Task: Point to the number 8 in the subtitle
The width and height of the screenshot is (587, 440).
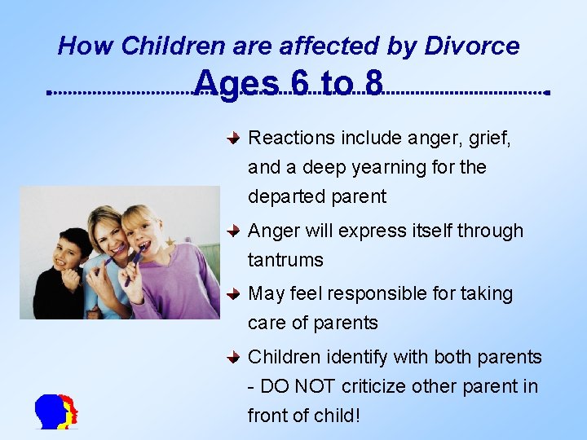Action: coord(373,84)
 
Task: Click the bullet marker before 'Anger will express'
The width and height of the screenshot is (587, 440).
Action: coord(233,231)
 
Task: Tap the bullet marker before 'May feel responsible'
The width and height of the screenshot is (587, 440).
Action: coord(233,293)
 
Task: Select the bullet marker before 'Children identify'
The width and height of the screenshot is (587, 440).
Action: coord(233,357)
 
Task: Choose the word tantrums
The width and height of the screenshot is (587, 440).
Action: coord(285,261)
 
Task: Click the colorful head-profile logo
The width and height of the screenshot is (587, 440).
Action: coord(56,412)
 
